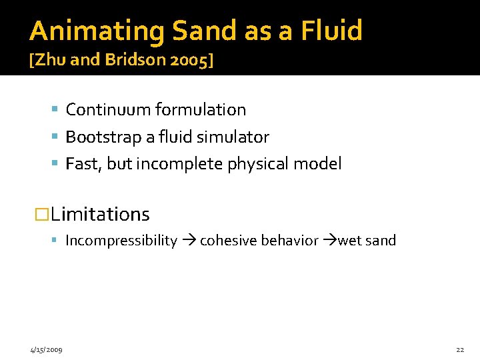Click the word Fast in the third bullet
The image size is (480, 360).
pyautogui.click(x=82, y=164)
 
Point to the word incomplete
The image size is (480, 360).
pyautogui.click(x=179, y=164)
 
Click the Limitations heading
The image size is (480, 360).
pyautogui.click(x=99, y=215)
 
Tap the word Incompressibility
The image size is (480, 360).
pyautogui.click(x=121, y=241)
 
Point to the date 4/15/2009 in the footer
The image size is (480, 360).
pyautogui.click(x=46, y=350)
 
